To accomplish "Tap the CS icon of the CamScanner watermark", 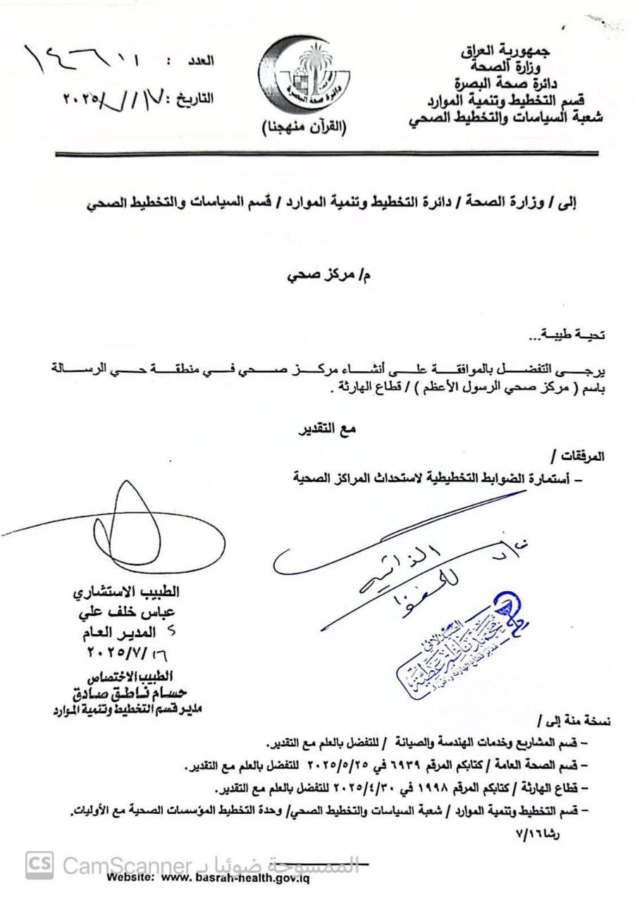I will [39, 864].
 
